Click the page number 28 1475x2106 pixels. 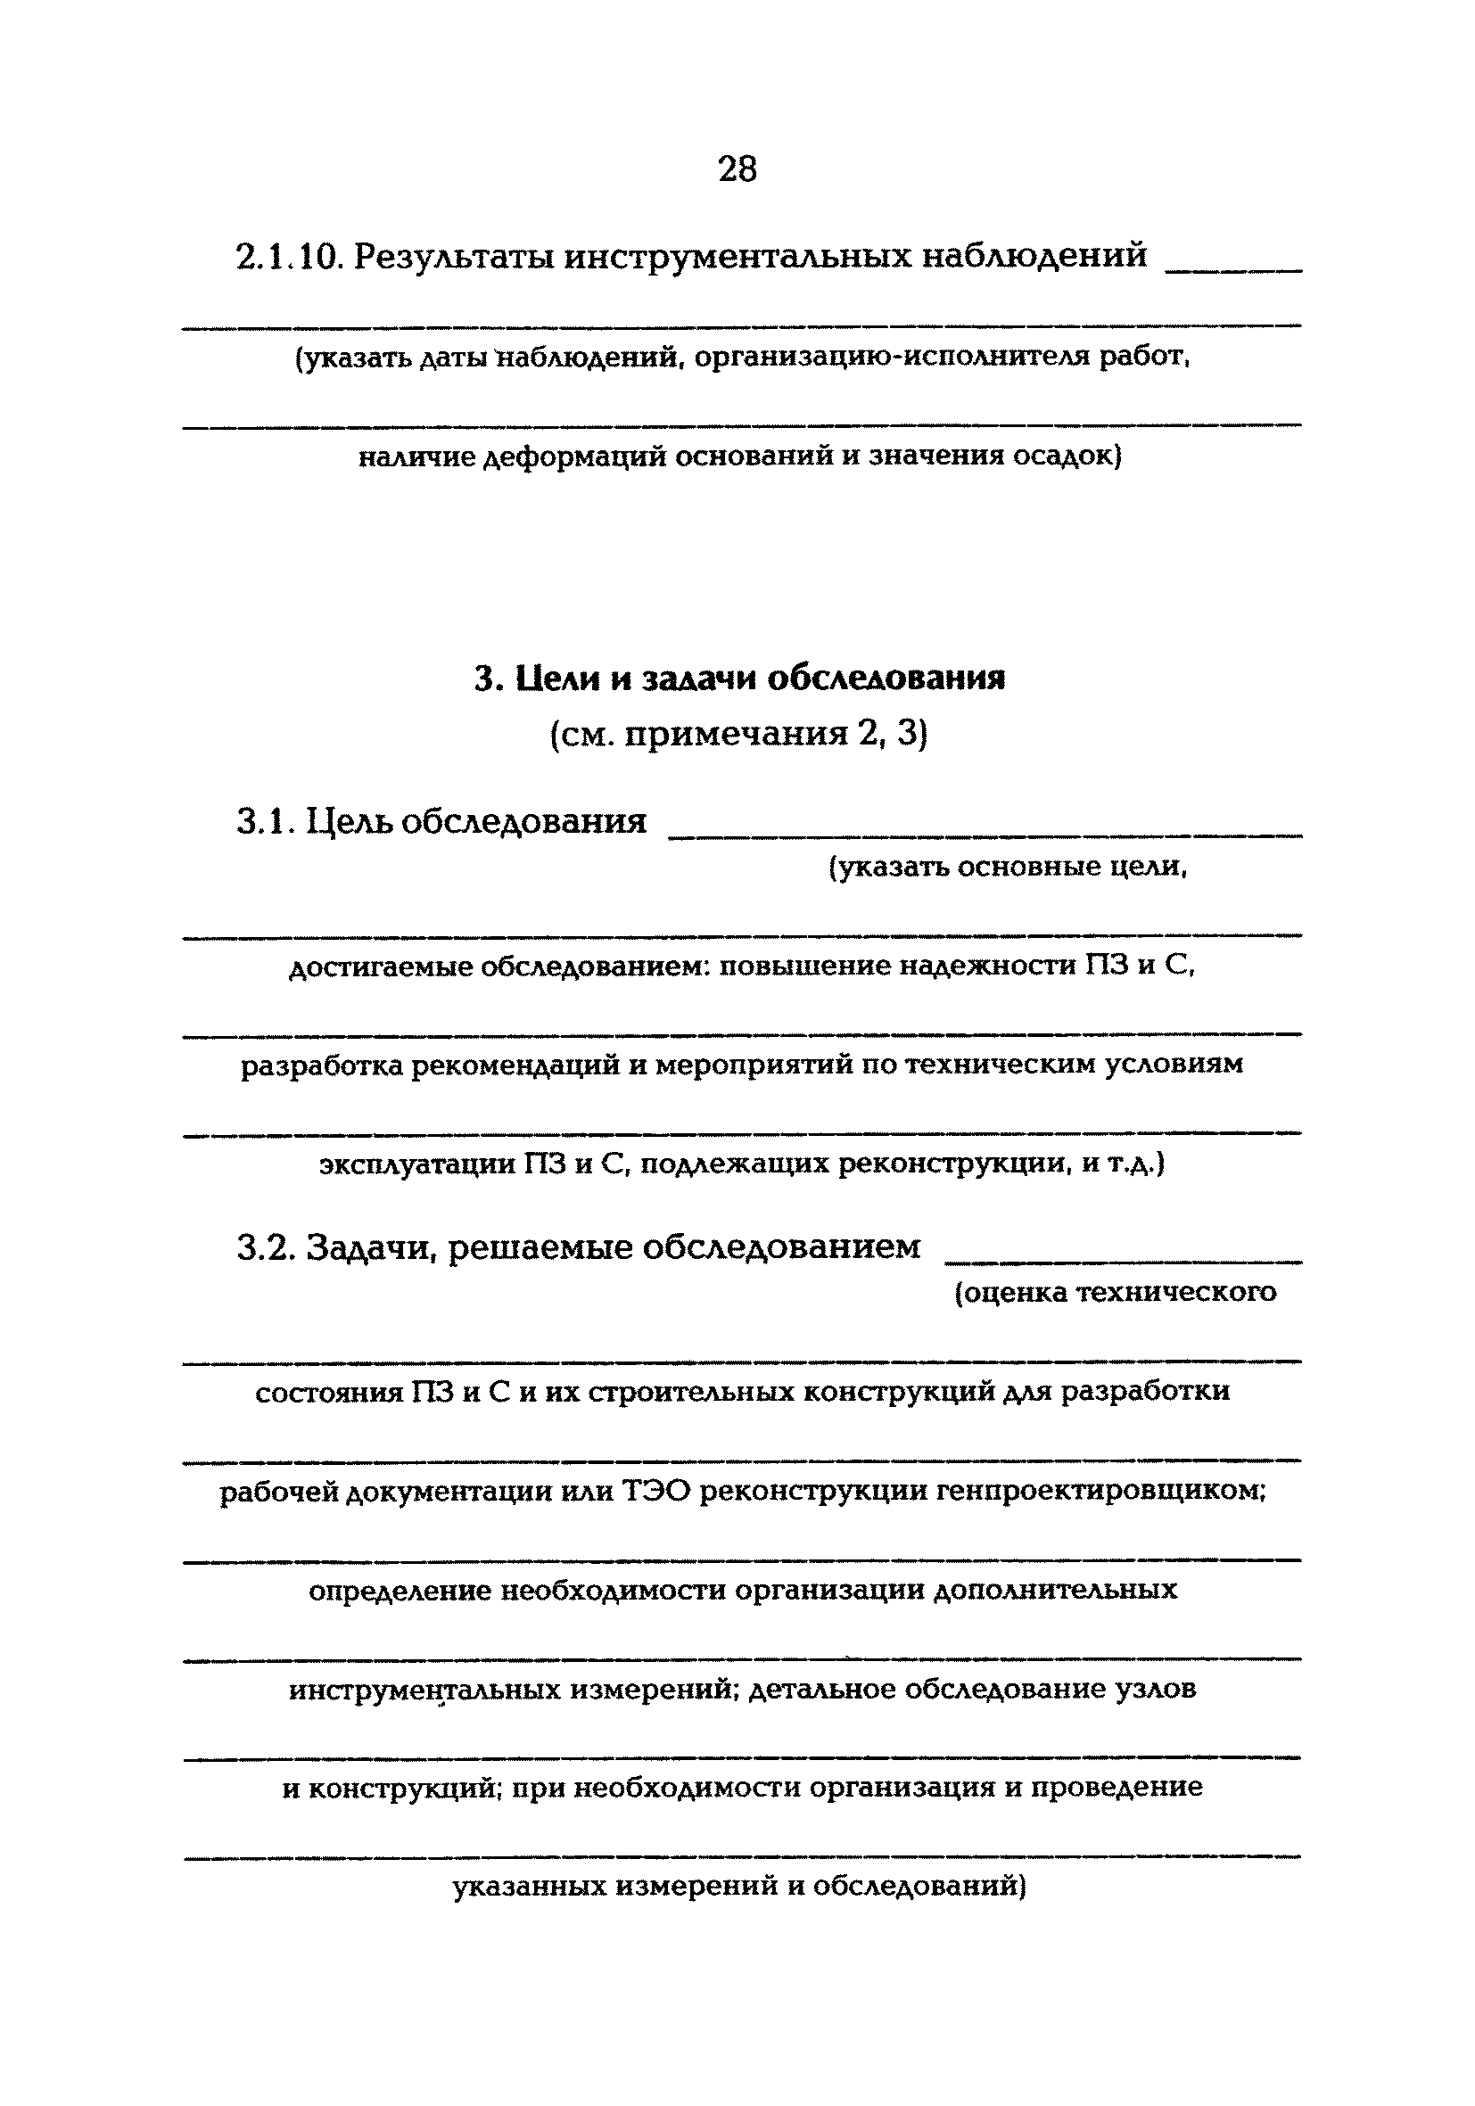click(737, 169)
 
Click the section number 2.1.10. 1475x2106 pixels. click(289, 256)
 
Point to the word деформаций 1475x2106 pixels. click(573, 456)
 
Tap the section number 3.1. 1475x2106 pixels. click(263, 821)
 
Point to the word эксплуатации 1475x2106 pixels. click(417, 1165)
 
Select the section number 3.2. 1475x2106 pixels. click(264, 1247)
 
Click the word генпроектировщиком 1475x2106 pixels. click(1100, 1493)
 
